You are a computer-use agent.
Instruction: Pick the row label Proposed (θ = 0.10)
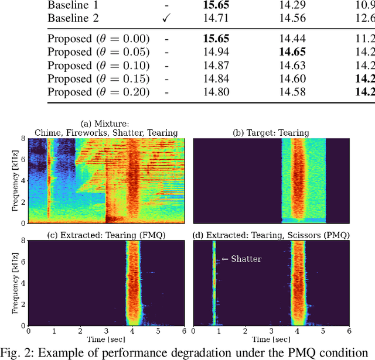[x=98, y=65]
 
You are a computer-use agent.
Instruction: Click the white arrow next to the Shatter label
[x=224, y=259]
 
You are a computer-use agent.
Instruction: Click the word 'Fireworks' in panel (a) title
[x=87, y=133]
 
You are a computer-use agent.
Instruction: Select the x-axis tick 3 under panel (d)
[x=271, y=331]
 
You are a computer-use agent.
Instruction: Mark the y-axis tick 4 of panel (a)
[x=23, y=181]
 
